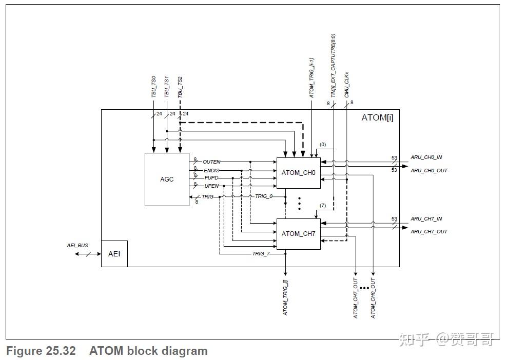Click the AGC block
[x=167, y=179]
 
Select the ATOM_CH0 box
[x=298, y=172]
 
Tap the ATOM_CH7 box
[x=298, y=234]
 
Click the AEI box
[x=114, y=254]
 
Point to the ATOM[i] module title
[x=377, y=117]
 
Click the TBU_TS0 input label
[x=153, y=87]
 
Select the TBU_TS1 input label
[x=167, y=87]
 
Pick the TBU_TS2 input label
[x=180, y=87]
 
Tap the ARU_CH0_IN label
[x=426, y=157]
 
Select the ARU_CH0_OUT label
[x=428, y=170]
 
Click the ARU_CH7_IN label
[x=426, y=219]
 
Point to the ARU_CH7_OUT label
[x=428, y=232]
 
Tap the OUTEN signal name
[x=211, y=162]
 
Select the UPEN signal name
[x=211, y=185]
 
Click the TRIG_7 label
[x=261, y=253]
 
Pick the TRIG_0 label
[x=264, y=196]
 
